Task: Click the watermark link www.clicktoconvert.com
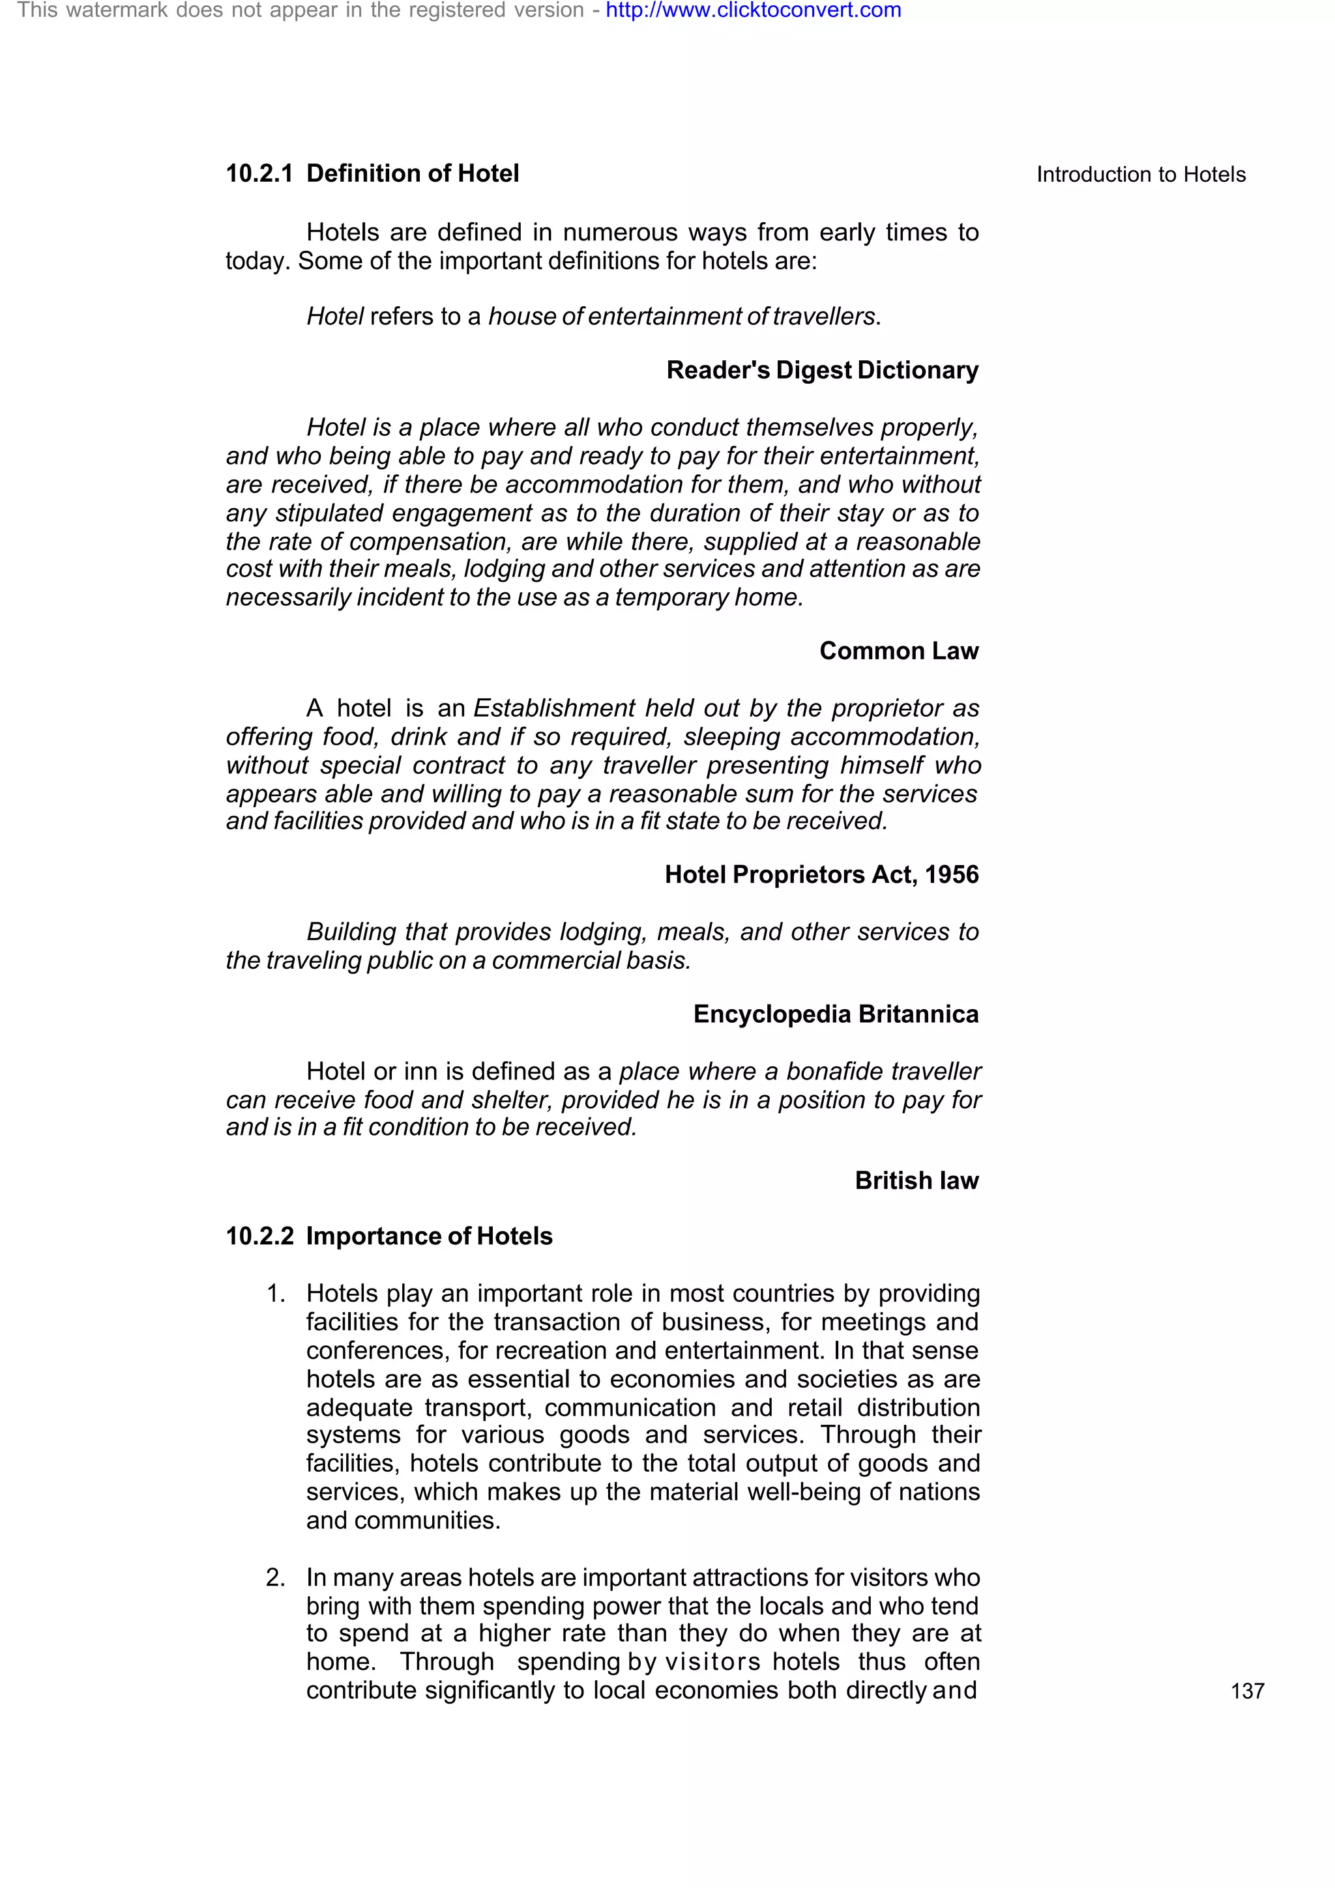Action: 753,10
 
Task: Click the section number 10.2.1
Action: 259,173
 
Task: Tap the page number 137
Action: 1247,1691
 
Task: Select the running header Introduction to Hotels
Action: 1140,175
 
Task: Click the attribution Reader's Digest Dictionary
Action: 822,370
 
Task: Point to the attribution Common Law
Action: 898,651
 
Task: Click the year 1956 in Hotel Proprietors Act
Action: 951,874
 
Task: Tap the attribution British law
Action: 917,1181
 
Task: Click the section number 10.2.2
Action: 259,1237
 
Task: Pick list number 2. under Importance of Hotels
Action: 276,1577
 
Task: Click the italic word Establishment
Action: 554,708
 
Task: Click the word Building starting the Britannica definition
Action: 351,932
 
